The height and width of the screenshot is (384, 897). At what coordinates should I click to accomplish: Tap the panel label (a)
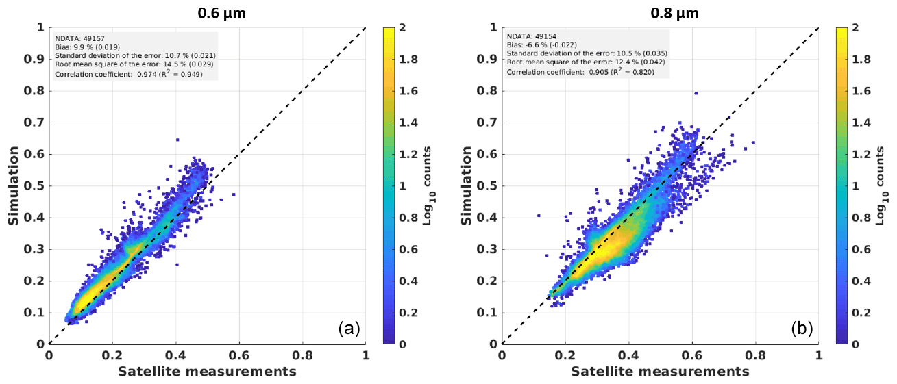[x=349, y=329]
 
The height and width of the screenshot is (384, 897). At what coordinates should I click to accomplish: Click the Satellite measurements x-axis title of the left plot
[x=208, y=371]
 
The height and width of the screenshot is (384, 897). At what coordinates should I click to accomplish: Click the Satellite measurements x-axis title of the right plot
[x=660, y=371]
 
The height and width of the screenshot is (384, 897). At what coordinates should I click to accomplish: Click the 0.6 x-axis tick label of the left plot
[x=239, y=356]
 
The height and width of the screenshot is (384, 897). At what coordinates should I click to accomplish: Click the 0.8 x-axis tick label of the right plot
[x=756, y=356]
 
